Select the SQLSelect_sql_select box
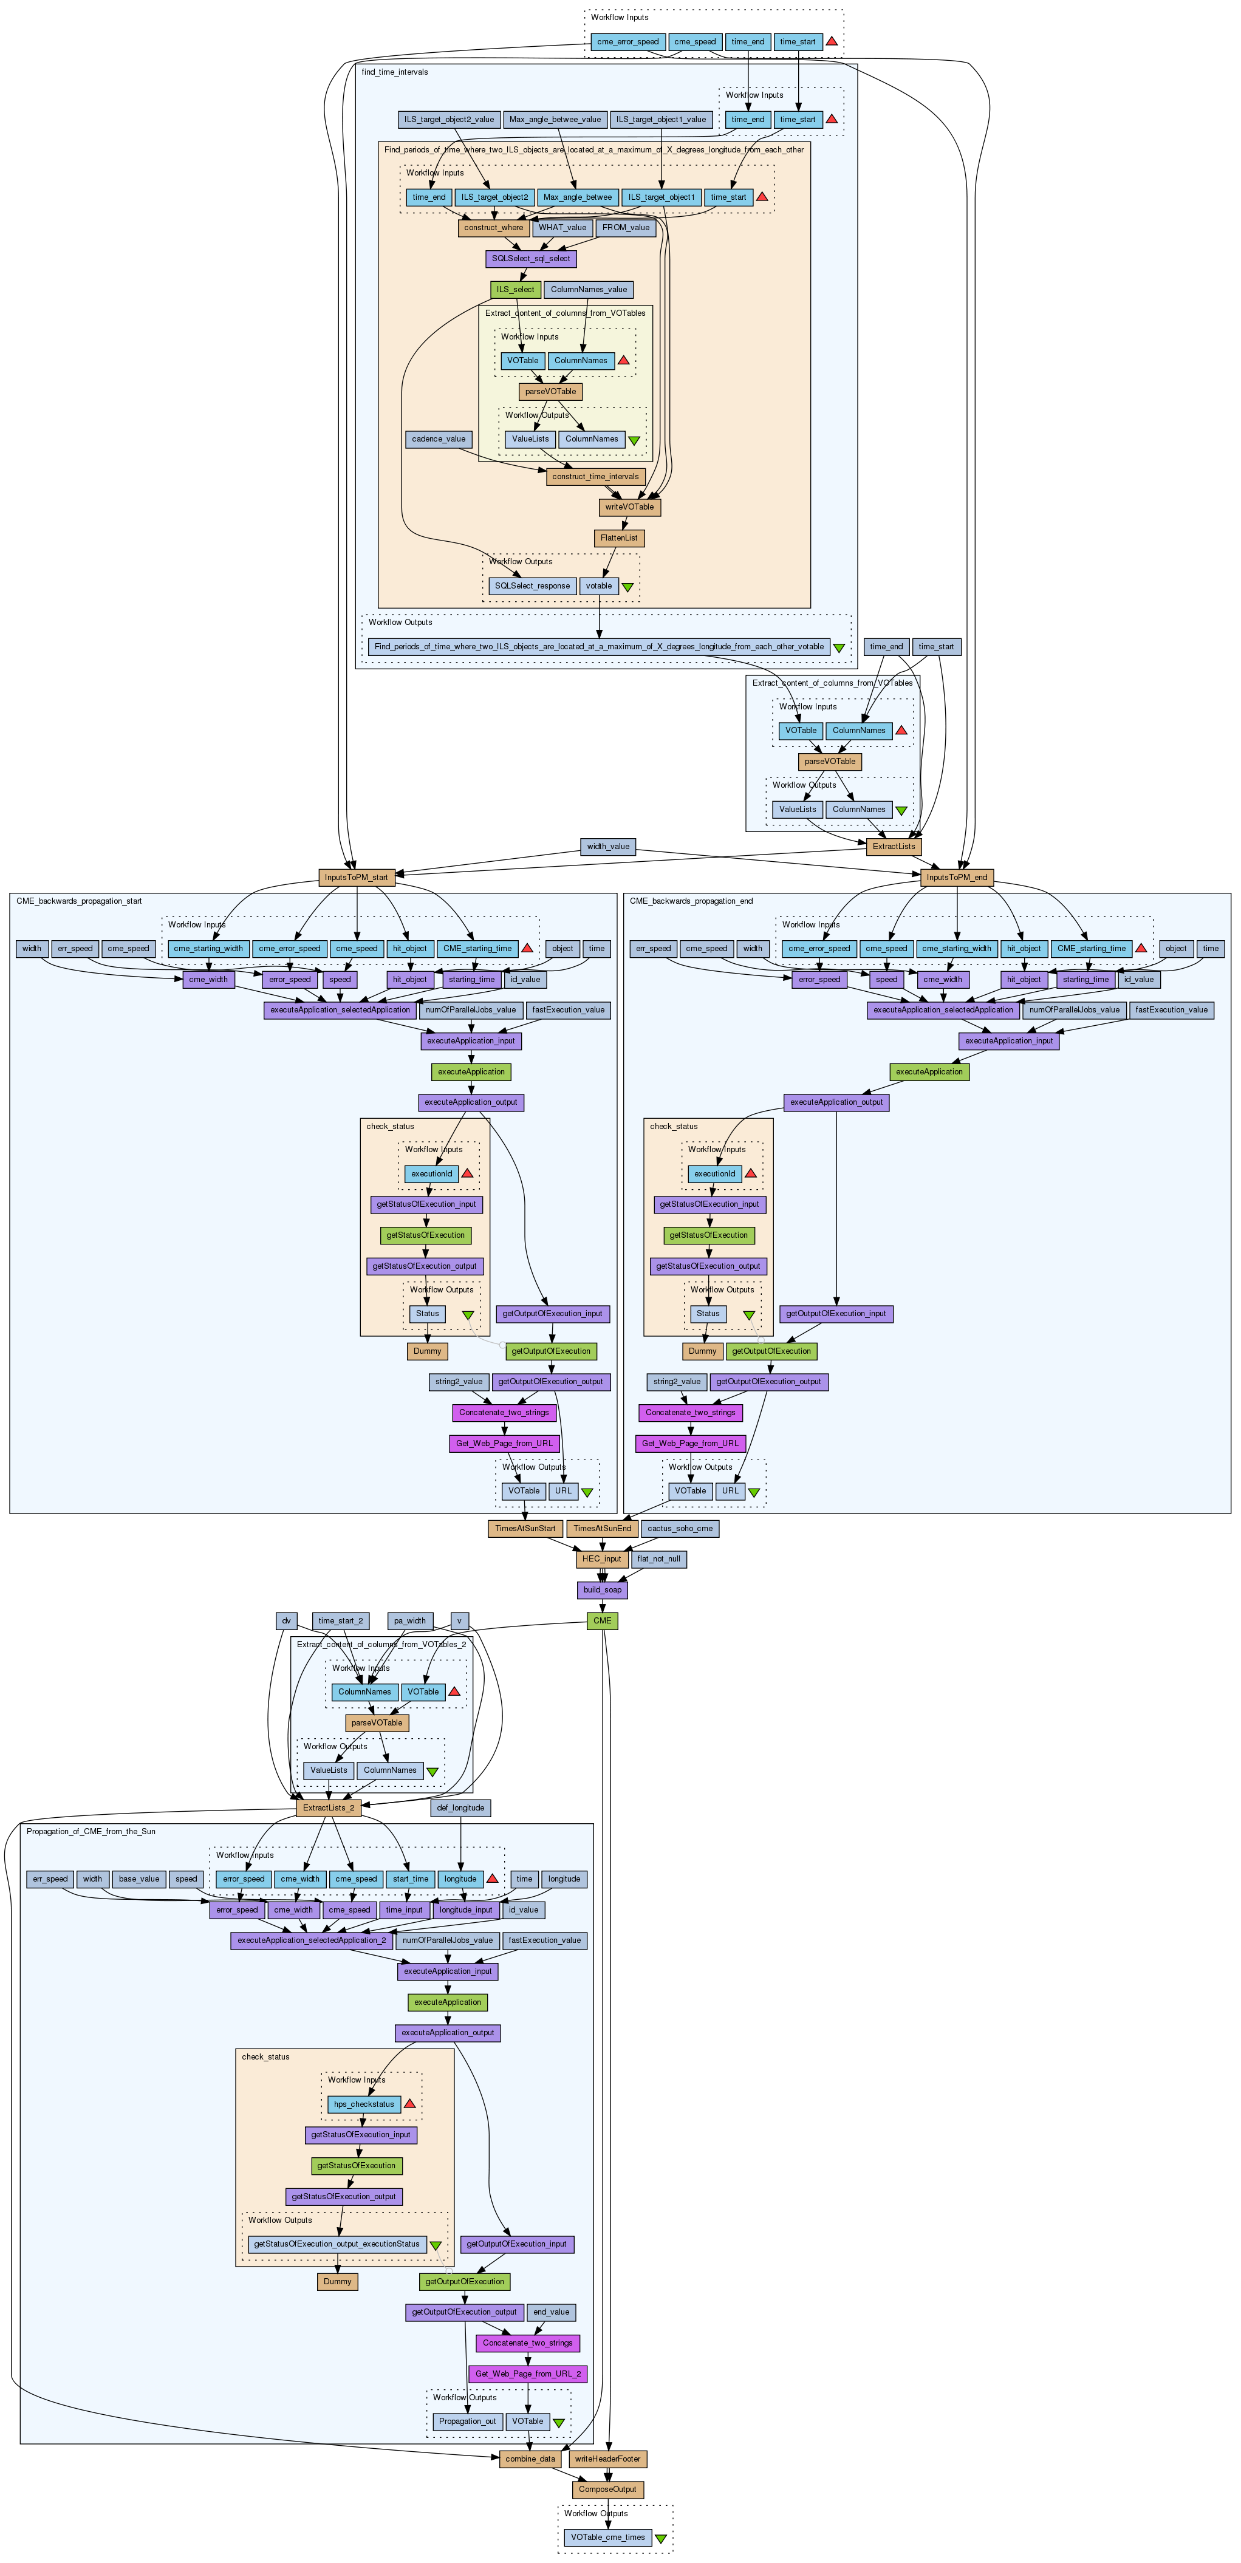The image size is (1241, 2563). [x=530, y=259]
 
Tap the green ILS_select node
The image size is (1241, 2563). [x=516, y=290]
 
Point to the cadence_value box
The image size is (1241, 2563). [x=439, y=439]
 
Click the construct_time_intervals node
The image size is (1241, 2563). [x=595, y=477]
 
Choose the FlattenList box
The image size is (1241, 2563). [x=619, y=538]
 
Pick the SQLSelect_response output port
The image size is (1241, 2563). [x=533, y=586]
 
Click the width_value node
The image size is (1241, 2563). [x=608, y=847]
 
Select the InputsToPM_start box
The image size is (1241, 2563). [x=357, y=878]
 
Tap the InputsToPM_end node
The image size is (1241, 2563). [x=956, y=878]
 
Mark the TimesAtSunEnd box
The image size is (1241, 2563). [x=602, y=1528]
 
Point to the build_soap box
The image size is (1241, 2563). [x=602, y=1590]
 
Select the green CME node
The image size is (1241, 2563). [x=602, y=1621]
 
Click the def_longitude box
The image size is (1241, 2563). [x=462, y=1808]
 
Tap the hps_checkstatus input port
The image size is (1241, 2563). [x=364, y=2104]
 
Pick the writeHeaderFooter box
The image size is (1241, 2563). [x=608, y=2459]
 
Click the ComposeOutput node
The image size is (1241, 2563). [x=608, y=2490]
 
